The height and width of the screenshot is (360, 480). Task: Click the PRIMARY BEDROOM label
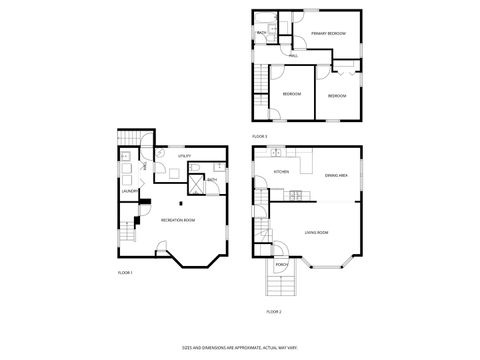pos(327,34)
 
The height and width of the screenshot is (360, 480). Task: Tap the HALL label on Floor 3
pos(293,56)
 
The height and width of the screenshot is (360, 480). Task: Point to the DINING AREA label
pos(336,176)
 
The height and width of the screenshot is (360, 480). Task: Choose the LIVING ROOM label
pos(316,232)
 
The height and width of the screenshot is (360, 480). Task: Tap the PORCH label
pos(280,265)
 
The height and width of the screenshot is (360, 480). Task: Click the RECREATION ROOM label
pos(177,219)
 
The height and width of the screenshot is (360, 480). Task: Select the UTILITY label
pos(184,156)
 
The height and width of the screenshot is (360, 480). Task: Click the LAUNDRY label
pos(129,190)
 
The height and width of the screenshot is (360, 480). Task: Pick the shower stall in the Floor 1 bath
pos(198,183)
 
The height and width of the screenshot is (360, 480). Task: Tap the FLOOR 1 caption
pos(125,272)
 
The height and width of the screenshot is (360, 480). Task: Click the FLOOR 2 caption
pos(273,312)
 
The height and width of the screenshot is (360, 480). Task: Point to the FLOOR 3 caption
pos(259,136)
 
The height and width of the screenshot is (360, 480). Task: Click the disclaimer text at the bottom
pos(239,347)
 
